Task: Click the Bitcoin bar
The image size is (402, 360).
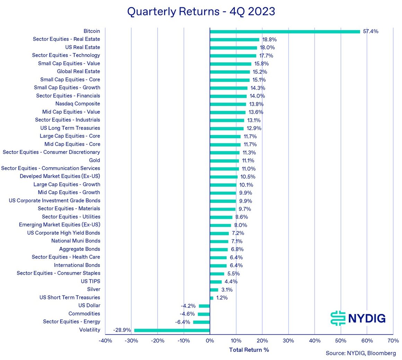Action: pos(285,32)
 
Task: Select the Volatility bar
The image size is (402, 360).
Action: pos(172,330)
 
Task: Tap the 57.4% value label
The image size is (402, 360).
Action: pos(370,32)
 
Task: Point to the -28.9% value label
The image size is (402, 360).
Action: pos(122,330)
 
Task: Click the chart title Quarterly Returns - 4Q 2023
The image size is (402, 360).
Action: pos(201,11)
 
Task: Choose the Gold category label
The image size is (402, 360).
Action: pos(94,160)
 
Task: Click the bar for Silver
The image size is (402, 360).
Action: pos(214,290)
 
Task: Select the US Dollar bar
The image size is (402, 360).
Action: pos(204,306)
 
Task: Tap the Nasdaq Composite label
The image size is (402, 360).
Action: pos(78,104)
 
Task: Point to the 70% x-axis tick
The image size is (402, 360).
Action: pos(393,341)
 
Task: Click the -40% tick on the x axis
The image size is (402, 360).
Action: pos(105,341)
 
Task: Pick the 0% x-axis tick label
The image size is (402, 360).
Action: pos(210,341)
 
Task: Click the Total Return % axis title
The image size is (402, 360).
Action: pos(249,350)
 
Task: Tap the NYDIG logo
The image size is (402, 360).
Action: pos(358,318)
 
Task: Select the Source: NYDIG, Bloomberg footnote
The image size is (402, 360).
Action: pos(360,353)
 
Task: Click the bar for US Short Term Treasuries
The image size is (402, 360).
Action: pos(211,298)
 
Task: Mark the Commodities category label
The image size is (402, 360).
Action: pos(84,314)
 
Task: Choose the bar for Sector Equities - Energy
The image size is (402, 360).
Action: pos(201,322)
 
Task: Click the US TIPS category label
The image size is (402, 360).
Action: pos(90,281)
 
